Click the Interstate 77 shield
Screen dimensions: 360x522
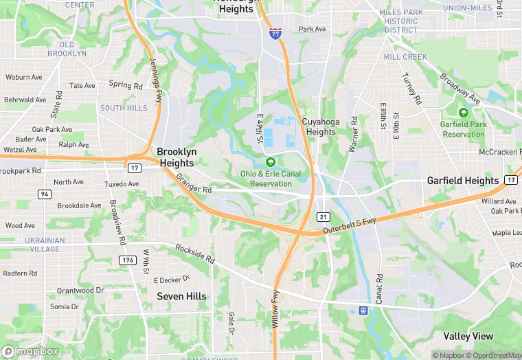(275, 34)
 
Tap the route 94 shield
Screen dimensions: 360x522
(45, 194)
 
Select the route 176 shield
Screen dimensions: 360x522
(127, 260)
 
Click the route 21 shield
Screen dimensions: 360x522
(323, 216)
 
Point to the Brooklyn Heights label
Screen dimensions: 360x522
(177, 157)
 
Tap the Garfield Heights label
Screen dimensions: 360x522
(463, 181)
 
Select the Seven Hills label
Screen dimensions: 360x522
(181, 296)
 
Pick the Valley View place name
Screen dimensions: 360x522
(468, 336)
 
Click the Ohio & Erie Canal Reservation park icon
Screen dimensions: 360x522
(271, 162)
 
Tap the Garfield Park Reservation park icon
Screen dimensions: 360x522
(464, 113)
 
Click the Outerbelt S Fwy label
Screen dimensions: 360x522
(350, 226)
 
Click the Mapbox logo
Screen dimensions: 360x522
(30, 351)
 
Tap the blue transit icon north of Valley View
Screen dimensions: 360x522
(363, 311)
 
